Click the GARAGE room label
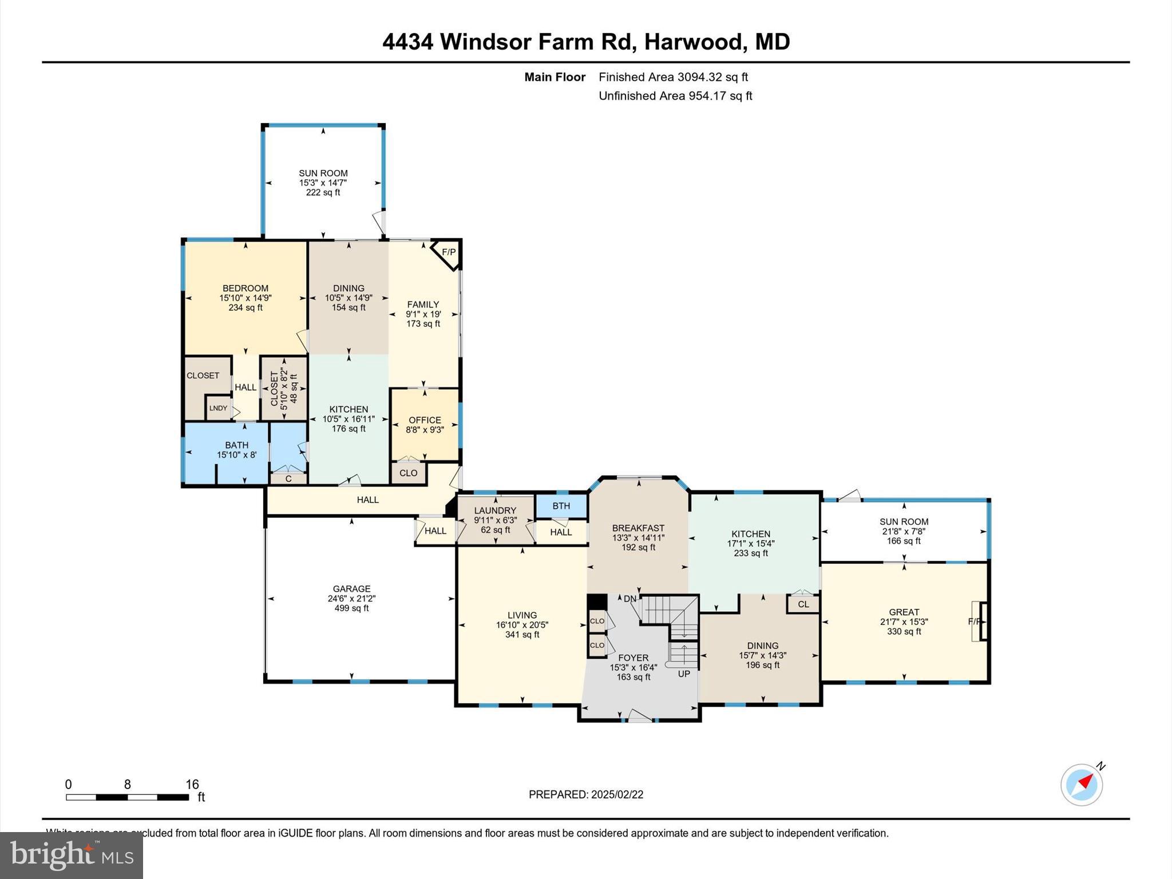coord(351,588)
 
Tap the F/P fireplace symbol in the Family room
coord(448,252)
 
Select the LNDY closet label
coord(217,408)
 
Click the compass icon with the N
coord(1081,785)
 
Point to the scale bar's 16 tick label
coord(192,784)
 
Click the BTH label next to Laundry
coord(561,506)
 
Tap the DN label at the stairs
coord(629,599)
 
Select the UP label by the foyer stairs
coord(684,674)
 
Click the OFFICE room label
coord(425,419)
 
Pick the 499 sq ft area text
coord(351,608)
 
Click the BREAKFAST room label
coord(638,528)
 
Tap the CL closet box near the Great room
coord(803,604)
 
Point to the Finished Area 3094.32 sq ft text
coord(673,77)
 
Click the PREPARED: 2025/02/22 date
coord(586,794)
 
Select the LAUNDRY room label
coord(495,510)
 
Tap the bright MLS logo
coord(72,855)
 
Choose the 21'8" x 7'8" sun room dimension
coord(904,531)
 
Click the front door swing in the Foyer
coord(640,715)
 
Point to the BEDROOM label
coord(246,288)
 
